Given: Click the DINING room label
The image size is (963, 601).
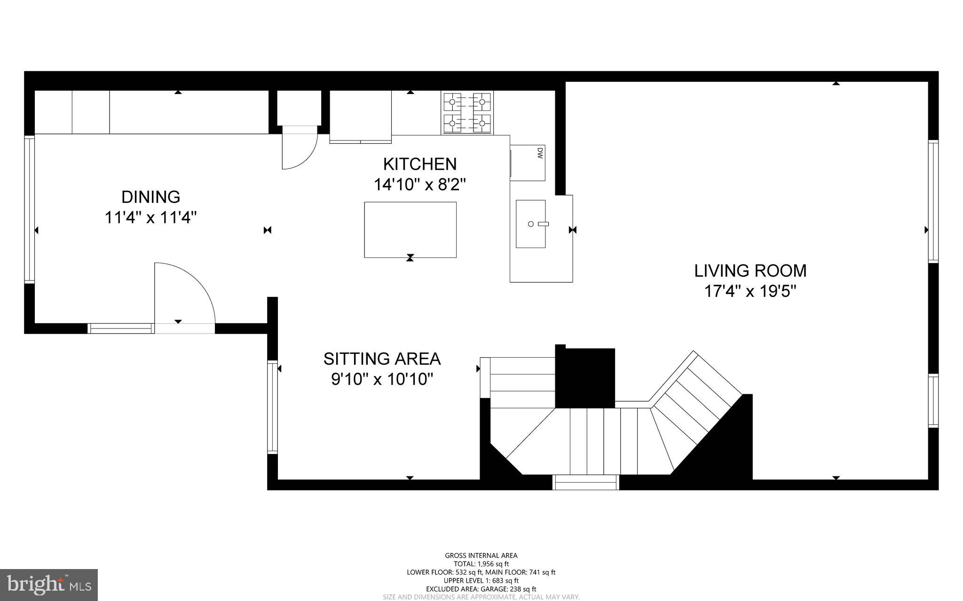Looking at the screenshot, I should pos(150,197).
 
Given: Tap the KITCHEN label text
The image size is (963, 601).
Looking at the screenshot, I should pos(419,164).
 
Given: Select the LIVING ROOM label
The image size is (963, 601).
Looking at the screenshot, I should pos(750,271).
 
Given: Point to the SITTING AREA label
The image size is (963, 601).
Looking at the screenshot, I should pos(382,359).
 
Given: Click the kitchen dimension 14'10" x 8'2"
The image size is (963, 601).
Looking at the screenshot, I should pos(419,185).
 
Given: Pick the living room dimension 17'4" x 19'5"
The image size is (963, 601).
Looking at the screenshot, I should pos(750,291).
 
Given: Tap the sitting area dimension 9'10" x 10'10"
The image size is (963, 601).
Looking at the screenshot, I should pos(382,379).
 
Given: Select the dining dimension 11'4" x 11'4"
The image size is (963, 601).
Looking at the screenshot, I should pos(150,218).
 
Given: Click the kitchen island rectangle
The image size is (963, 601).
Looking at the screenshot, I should pos(410,230).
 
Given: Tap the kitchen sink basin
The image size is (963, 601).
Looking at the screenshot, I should pos(530,224).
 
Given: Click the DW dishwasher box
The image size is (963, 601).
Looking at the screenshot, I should pos(528,163).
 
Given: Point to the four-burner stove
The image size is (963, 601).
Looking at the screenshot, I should pos(467,113).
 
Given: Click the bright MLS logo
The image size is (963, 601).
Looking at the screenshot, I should pos(49,585).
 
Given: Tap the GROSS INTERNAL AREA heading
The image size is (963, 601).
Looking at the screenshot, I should pos(481,555).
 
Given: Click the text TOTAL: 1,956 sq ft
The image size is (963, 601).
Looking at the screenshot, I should pos(481,564).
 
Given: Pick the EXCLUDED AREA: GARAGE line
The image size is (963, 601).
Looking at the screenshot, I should pos(481,589).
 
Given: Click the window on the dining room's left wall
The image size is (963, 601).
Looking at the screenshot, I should pos(30,209).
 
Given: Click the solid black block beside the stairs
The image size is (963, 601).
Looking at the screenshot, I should pos(585,378).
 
